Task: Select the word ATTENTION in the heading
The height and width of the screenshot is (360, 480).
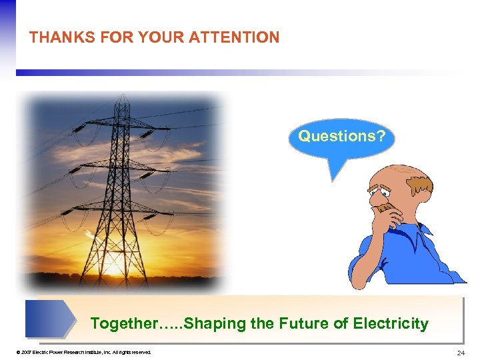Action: (x=235, y=37)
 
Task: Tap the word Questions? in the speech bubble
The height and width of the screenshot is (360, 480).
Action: (x=341, y=137)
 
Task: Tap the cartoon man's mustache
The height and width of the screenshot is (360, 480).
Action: (x=385, y=207)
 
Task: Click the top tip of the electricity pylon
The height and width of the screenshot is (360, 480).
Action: (x=122, y=97)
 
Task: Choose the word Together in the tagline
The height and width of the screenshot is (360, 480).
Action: (x=121, y=324)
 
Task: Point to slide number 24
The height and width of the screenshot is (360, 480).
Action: (x=461, y=352)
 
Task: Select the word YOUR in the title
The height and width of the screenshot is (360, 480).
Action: (x=161, y=37)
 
